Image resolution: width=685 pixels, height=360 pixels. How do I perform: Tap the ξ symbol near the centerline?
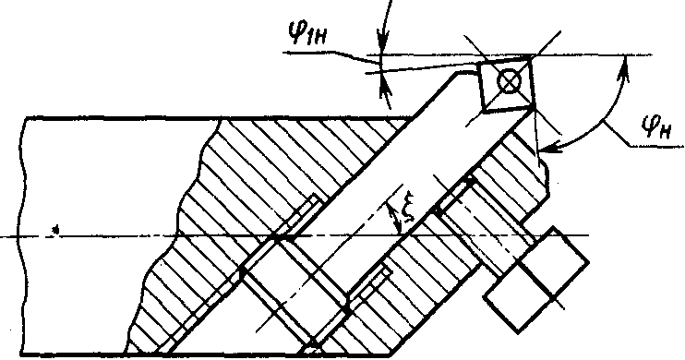tap(408, 212)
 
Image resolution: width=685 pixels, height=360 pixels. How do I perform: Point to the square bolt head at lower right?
tap(536, 280)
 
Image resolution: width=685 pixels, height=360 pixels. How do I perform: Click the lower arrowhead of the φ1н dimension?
tap(385, 85)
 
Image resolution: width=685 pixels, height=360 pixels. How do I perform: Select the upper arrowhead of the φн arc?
tap(625, 68)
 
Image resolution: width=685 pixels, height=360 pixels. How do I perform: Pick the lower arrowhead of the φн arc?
tap(548, 149)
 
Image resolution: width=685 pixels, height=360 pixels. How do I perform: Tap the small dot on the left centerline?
tap(55, 229)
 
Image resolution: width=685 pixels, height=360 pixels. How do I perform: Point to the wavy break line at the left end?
tap(22, 236)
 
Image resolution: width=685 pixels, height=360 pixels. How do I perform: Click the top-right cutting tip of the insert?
tap(531, 56)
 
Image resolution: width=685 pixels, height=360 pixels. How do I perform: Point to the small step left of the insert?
tap(466, 70)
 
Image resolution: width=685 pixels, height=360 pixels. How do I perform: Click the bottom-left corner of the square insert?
tap(484, 111)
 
